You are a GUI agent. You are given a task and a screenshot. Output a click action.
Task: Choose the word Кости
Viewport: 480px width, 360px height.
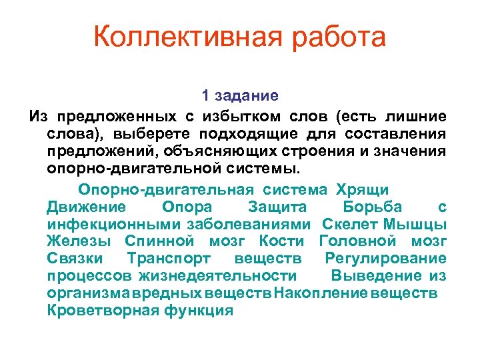coord(281,241)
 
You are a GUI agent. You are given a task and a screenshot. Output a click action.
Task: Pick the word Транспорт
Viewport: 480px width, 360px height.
coord(168,258)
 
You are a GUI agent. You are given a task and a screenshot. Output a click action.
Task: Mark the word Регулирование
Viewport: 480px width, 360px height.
coord(385,258)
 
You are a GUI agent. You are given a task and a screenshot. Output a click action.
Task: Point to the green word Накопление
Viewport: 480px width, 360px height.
coord(322,293)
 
